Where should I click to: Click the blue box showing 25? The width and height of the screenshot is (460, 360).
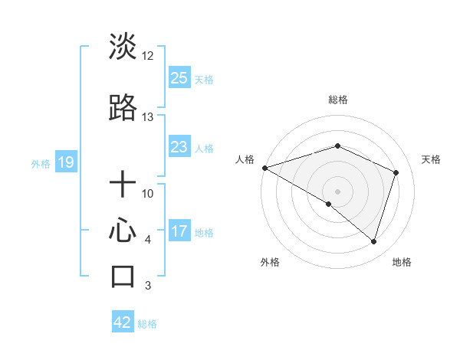click(x=179, y=77)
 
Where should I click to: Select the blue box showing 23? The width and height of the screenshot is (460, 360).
click(x=179, y=147)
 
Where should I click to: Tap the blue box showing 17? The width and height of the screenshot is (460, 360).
click(x=179, y=231)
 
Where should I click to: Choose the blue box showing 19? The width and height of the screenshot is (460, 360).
click(x=65, y=162)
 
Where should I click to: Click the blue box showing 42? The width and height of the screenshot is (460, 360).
click(x=123, y=322)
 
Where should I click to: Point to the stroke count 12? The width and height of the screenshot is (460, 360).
click(x=147, y=55)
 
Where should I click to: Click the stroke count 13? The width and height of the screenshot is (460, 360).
click(x=147, y=117)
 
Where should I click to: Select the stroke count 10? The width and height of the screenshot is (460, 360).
click(x=147, y=194)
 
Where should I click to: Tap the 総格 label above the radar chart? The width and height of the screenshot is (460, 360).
click(x=337, y=100)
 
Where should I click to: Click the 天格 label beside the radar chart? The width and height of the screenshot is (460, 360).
click(x=431, y=159)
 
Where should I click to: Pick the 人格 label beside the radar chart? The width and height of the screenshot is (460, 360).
click(x=245, y=159)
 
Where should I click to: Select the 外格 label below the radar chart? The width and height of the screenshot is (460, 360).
click(x=270, y=262)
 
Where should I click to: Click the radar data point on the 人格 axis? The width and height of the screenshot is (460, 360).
click(x=264, y=167)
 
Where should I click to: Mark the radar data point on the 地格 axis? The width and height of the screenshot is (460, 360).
click(x=373, y=241)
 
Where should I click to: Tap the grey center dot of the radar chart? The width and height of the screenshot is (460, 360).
click(x=337, y=190)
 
